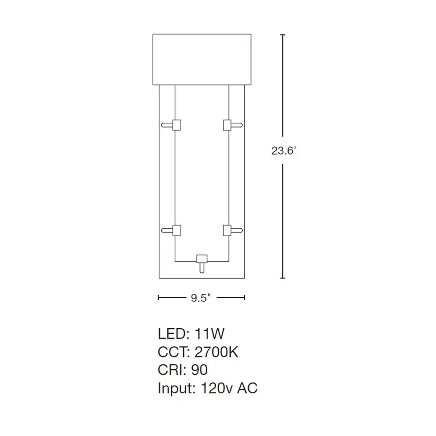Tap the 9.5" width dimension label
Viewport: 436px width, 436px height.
201,298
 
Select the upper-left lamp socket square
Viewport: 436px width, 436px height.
177,125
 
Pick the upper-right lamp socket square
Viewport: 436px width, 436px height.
227,125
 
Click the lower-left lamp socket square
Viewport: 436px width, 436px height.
177,230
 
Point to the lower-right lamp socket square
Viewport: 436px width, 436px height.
227,230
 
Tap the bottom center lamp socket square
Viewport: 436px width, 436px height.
202,258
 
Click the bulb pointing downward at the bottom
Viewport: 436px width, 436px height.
202,268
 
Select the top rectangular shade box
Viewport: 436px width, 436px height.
202,60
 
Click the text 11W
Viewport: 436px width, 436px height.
209,334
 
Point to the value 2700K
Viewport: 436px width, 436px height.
216,352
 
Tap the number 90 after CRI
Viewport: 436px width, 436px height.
199,370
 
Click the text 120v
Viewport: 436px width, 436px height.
216,388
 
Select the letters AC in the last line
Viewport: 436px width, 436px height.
247,388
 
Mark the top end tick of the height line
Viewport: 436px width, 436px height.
283,35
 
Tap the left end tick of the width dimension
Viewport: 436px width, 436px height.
158,298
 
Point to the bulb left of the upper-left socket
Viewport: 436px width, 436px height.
167,125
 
